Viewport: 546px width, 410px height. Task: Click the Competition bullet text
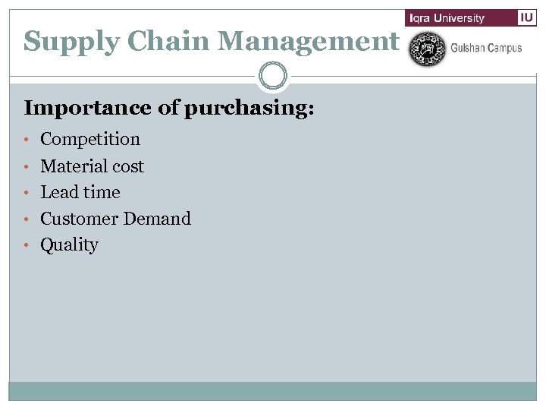pos(90,140)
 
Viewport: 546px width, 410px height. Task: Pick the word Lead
pos(58,192)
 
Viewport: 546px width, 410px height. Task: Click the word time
pos(102,192)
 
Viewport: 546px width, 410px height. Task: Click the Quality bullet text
pos(69,245)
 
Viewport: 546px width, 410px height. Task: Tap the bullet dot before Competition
pos(27,140)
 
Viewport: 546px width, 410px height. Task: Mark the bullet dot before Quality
pos(27,246)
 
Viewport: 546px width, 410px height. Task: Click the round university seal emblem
pos(427,49)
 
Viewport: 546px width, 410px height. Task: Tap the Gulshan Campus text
pos(486,48)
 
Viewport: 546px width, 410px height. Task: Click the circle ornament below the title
pos(272,75)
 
